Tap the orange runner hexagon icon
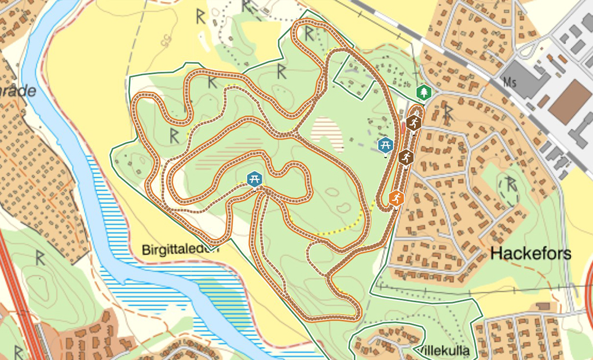point(396,199)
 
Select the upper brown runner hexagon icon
point(413,122)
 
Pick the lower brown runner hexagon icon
point(405,157)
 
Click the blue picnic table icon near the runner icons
point(386,145)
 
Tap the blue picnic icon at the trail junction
point(254,179)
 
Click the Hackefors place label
point(530,253)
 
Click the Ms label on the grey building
point(510,80)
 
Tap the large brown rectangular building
point(570,102)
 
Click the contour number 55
point(167,40)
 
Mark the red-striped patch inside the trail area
point(327,131)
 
